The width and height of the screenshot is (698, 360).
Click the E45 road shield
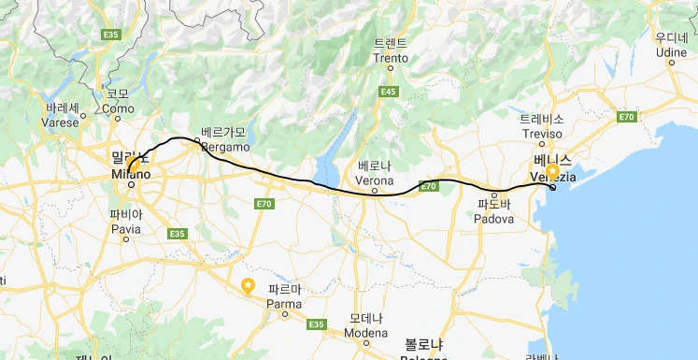390,91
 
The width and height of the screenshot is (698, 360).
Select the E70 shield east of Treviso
626,117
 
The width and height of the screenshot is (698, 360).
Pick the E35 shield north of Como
113,35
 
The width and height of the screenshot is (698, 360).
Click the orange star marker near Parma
248,286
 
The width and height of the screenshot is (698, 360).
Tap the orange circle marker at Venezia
553,172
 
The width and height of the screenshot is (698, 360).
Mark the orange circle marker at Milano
133,168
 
